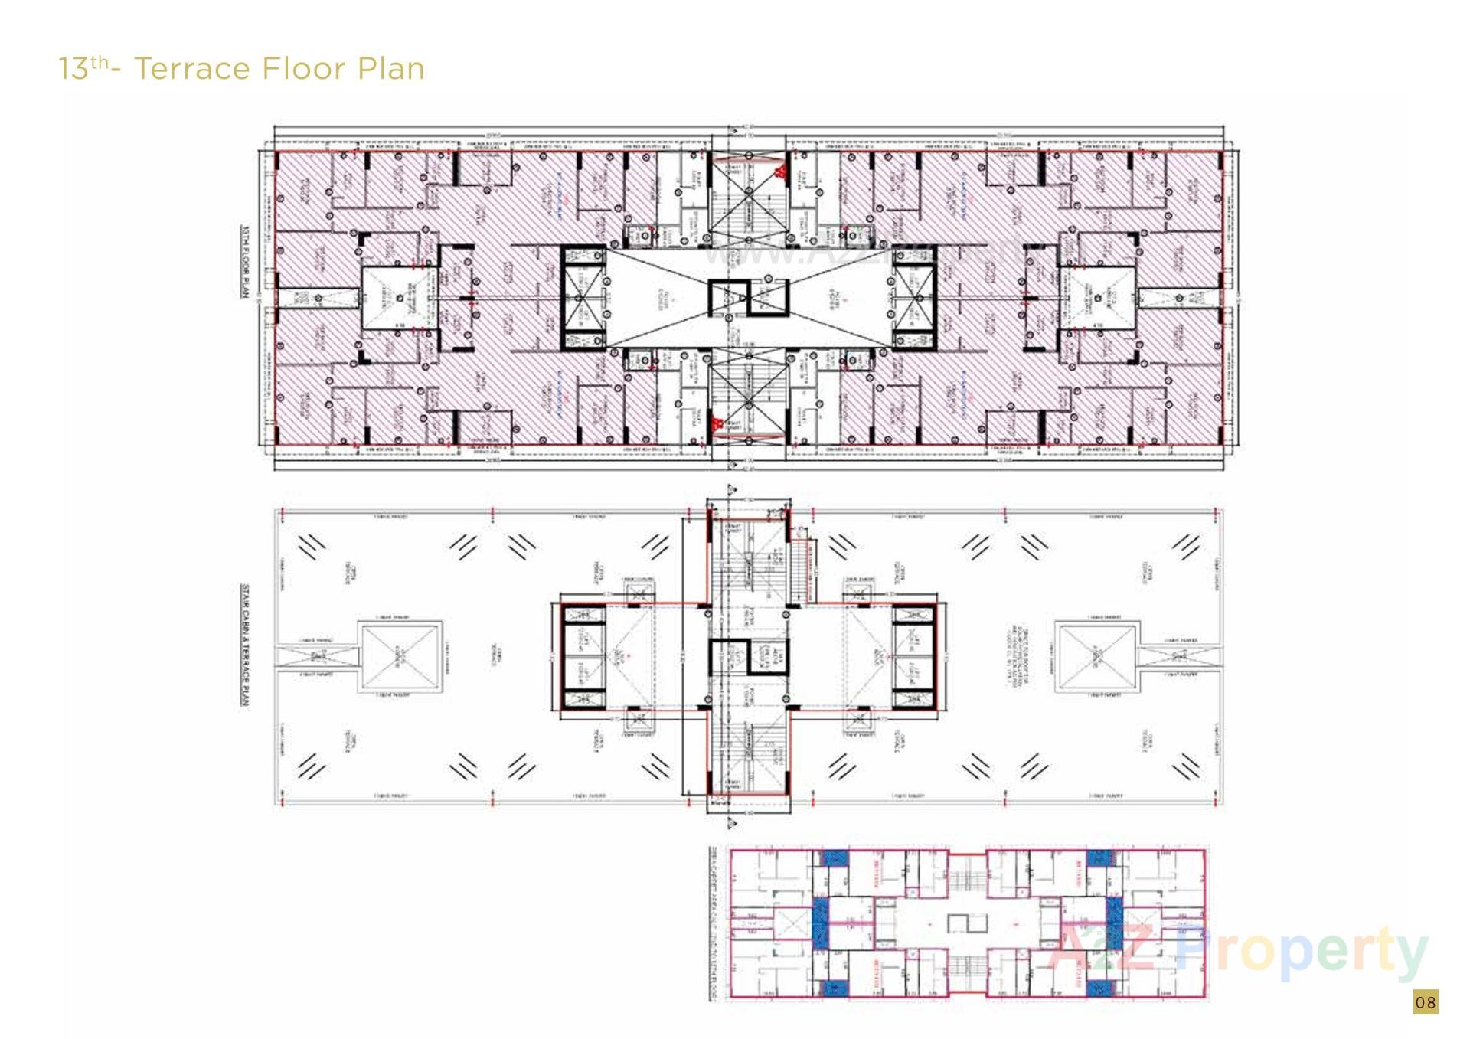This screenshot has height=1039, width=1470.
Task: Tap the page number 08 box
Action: click(1425, 1002)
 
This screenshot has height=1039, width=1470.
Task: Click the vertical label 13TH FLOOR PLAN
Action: click(245, 261)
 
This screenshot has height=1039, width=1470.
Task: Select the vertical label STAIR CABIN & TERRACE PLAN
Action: click(245, 645)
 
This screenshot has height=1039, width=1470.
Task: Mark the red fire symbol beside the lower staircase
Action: click(717, 423)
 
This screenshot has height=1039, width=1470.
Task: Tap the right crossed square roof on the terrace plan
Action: click(1096, 658)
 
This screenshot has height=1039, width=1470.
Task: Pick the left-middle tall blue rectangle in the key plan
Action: click(820, 923)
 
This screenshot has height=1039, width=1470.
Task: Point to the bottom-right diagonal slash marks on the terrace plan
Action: click(1186, 765)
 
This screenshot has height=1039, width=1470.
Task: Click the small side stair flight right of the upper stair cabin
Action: click(804, 570)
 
